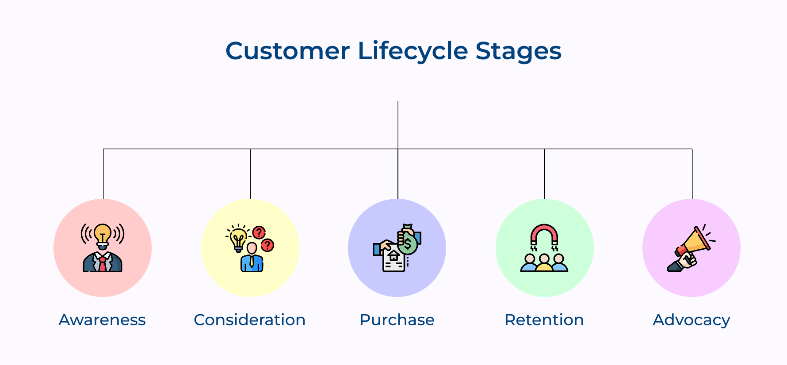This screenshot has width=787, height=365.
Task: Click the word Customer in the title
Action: point(287,51)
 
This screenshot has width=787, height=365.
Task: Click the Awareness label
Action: point(102,320)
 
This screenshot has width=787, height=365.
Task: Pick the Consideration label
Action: point(249,320)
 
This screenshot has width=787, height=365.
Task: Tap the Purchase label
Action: point(397,320)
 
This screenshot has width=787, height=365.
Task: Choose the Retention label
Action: point(544,320)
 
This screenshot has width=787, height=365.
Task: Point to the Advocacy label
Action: point(691,320)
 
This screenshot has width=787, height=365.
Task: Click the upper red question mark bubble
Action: point(259,232)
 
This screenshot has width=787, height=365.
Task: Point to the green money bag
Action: point(408,242)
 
